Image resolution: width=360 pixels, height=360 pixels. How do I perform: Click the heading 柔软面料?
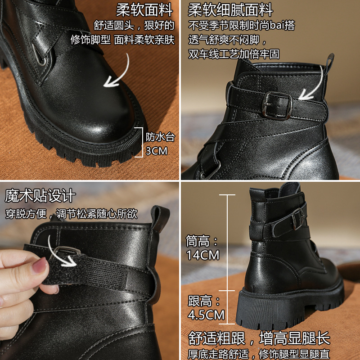tap(144, 10)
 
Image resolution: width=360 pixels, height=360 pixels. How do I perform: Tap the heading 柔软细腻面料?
tap(230, 10)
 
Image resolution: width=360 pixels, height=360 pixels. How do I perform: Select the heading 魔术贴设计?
tap(40, 196)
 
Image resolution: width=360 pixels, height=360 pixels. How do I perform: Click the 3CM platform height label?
tap(157, 151)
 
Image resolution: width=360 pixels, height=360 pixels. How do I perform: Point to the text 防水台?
tap(160, 137)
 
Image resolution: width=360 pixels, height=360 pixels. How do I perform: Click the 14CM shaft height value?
tap(203, 255)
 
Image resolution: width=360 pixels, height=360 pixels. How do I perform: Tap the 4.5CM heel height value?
tap(206, 315)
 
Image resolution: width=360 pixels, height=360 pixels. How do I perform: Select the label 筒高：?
tap(202, 241)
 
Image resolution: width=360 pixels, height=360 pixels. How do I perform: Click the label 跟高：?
tap(204, 301)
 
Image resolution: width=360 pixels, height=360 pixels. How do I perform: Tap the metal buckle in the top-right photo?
tap(277, 105)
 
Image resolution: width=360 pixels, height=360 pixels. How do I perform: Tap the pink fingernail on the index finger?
tap(39, 265)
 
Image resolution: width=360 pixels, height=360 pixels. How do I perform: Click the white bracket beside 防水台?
tap(140, 142)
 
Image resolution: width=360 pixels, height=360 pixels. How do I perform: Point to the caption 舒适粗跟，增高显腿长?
tap(259, 338)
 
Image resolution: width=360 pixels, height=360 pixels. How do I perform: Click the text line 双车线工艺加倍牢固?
tap(234, 54)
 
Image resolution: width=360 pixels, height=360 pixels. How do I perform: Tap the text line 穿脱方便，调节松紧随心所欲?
tap(71, 214)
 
